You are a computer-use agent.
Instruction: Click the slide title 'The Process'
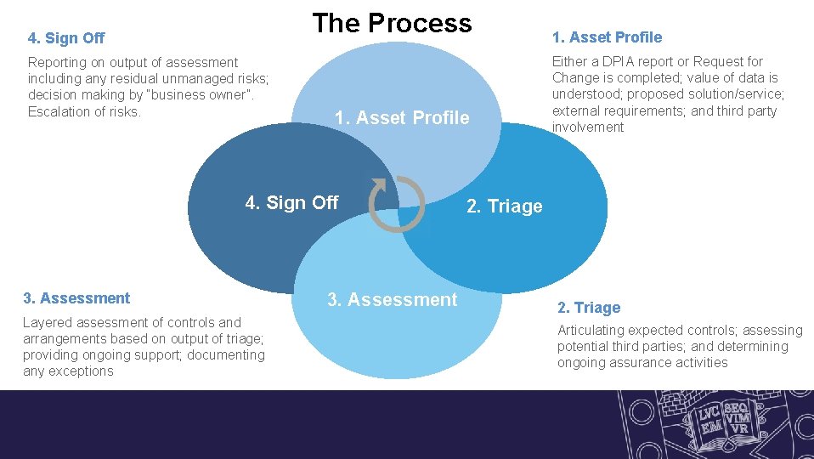392,23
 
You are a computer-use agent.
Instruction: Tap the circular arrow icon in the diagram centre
396,204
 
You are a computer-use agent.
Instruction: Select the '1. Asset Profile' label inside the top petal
402,118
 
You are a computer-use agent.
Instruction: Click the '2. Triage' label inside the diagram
505,207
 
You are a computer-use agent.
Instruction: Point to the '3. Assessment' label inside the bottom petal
393,299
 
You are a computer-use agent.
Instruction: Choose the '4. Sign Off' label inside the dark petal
291,202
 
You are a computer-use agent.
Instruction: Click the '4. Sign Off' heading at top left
66,38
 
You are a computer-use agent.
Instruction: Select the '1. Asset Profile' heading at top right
607,37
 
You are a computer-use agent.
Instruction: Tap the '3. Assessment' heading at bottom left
76,298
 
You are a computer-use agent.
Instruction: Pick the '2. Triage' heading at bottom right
589,308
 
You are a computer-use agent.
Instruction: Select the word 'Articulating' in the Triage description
591,331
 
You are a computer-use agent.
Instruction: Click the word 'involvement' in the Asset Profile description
588,127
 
